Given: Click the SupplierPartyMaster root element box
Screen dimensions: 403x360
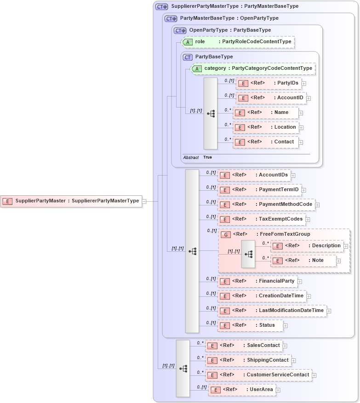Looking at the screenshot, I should pos(71,201).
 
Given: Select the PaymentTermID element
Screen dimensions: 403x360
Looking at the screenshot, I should pos(259,189).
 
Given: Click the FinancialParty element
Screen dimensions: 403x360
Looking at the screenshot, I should pos(257,281).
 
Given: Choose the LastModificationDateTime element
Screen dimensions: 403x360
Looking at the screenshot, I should pos(272,311).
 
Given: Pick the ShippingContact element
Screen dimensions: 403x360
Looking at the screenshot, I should pos(248,360).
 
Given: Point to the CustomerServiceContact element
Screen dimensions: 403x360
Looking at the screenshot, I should pos(258,375).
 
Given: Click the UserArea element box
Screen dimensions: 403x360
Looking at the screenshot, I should pos(241,390).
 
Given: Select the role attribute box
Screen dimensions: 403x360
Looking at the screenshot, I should pos(237,42).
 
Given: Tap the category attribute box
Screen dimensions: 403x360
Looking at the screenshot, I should pos(252,68).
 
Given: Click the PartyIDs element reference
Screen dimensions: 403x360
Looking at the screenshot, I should pos(269,83).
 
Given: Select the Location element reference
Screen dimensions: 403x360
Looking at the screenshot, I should pos(266,127).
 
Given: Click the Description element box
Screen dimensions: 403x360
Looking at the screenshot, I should pos(307,246).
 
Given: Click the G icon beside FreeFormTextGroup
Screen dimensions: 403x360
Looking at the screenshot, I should pos(226,234).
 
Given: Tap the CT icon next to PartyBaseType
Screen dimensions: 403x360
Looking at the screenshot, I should pos(188,57).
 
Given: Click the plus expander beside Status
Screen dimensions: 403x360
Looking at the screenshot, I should pos(286,326).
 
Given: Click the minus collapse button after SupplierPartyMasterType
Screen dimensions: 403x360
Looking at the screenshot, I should pos(144,201).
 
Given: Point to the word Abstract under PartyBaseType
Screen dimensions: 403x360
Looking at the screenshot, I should pos(191,157).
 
